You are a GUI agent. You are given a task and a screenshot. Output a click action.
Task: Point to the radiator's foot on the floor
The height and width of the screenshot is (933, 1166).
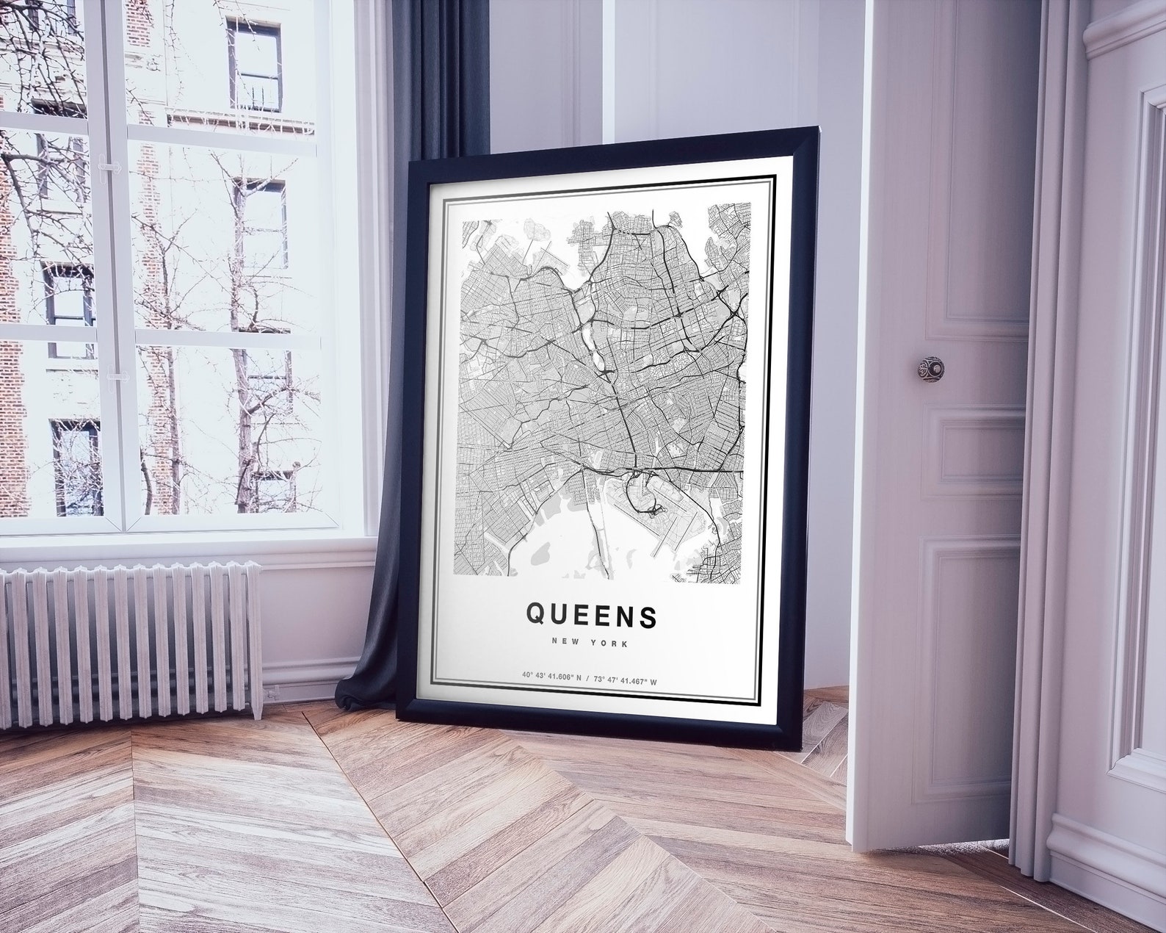pyautogui.click(x=256, y=714)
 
